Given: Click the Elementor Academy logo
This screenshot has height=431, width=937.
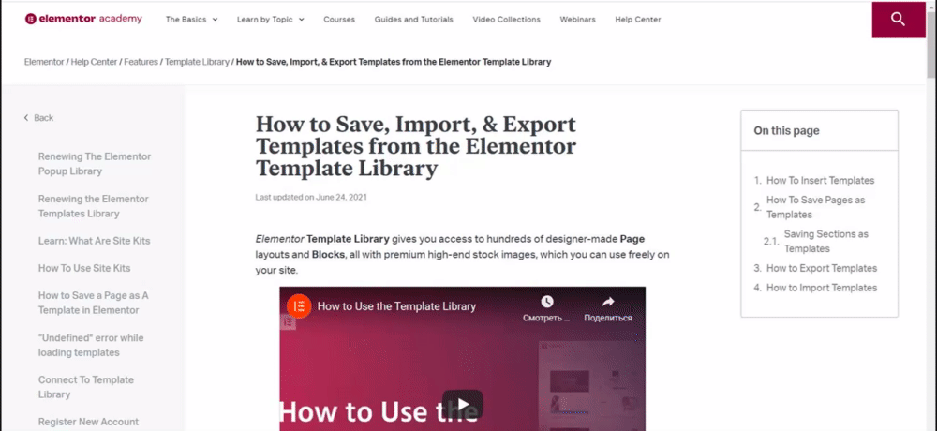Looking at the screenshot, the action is [83, 19].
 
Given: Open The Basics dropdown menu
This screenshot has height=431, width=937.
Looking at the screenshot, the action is [191, 19].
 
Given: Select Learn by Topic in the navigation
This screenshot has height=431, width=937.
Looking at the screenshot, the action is [270, 19].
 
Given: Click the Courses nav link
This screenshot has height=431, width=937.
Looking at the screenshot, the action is [339, 19].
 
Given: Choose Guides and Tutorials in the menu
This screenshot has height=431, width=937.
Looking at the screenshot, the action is [413, 19].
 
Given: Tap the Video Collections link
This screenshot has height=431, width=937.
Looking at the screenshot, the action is [506, 19].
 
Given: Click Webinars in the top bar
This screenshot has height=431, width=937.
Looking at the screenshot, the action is [577, 19].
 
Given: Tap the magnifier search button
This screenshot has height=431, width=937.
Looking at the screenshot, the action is [899, 20].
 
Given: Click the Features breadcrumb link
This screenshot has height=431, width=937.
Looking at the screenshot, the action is [141, 62].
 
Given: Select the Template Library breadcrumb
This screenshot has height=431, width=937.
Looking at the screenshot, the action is [197, 62].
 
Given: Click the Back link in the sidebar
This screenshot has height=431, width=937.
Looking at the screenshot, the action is [38, 118].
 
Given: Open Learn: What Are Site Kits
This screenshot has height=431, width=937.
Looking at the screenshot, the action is [95, 241].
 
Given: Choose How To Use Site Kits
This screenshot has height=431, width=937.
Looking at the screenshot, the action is [84, 268].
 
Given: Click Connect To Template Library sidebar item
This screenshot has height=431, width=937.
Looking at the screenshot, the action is [86, 387].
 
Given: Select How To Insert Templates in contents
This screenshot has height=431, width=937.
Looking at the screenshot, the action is [821, 181].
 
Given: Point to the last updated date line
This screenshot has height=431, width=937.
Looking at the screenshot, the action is [311, 197].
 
